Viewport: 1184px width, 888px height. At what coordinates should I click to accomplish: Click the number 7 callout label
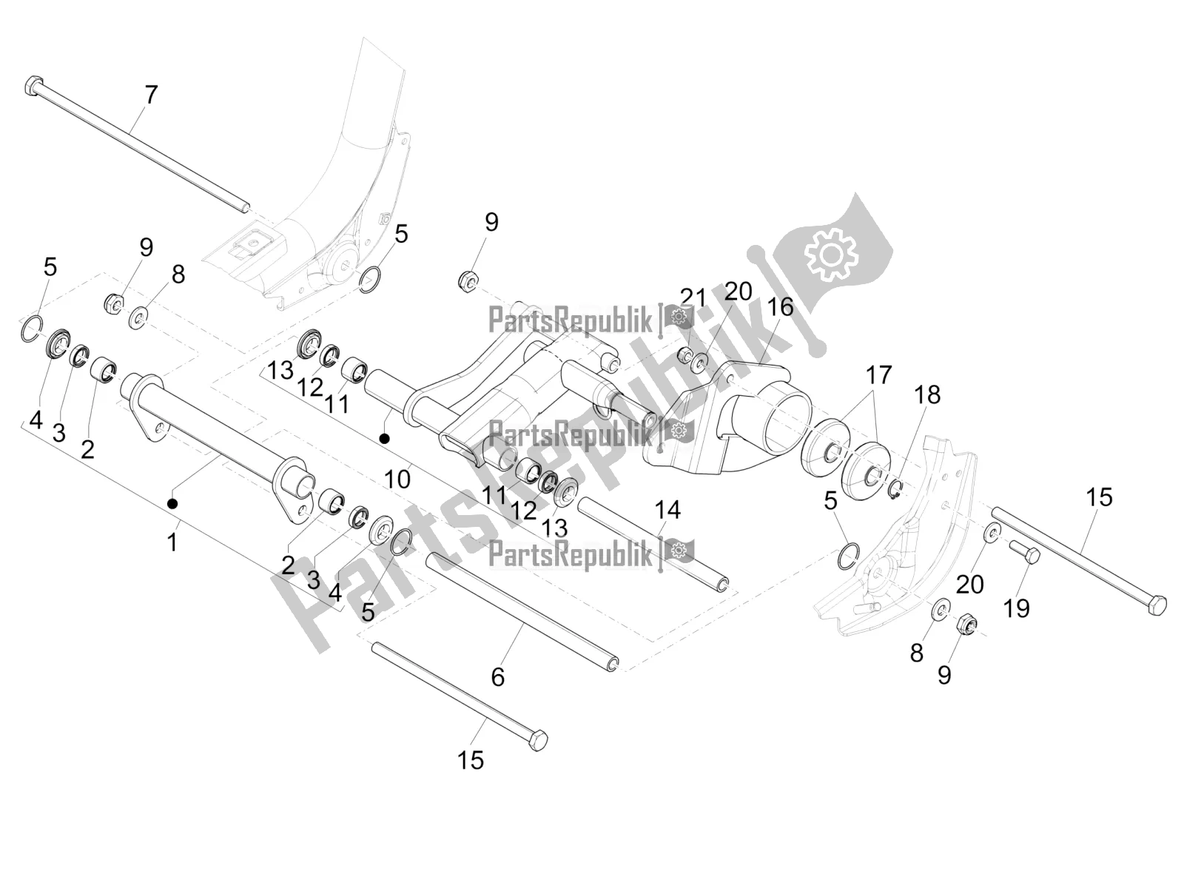(150, 95)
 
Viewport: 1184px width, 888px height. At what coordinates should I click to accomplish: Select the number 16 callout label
(779, 306)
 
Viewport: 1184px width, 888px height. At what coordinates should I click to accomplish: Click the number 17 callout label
(879, 375)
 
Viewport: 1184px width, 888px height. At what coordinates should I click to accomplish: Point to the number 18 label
(927, 394)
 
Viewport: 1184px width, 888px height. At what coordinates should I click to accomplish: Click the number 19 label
(1016, 608)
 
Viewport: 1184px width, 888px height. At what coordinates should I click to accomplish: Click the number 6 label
(497, 676)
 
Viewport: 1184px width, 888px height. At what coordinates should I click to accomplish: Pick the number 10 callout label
(397, 479)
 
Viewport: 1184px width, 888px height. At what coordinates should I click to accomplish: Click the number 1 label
(172, 542)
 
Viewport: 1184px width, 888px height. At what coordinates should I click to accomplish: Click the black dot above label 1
(172, 504)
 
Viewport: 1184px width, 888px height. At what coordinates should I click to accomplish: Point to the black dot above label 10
(384, 439)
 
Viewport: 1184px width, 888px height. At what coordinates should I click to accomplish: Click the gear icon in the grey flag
(830, 255)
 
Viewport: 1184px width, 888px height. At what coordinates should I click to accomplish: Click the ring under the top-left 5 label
(30, 329)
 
